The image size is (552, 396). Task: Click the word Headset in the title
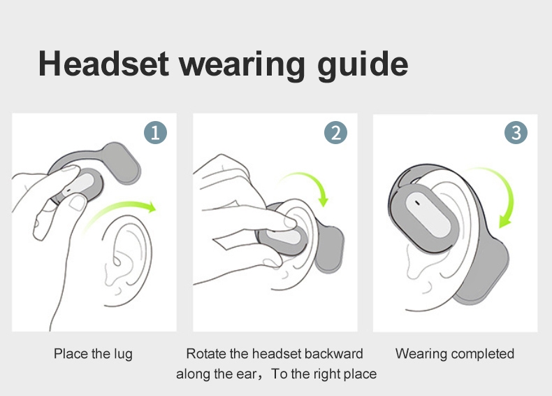tap(103, 64)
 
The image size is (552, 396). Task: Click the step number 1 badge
tap(155, 133)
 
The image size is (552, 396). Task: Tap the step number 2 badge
tap(335, 133)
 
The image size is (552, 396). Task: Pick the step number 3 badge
tap(516, 133)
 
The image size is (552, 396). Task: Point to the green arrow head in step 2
tap(324, 201)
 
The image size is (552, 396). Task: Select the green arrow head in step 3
tap(505, 222)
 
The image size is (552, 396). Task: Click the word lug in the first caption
tap(123, 355)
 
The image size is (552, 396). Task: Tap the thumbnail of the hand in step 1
tap(78, 203)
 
